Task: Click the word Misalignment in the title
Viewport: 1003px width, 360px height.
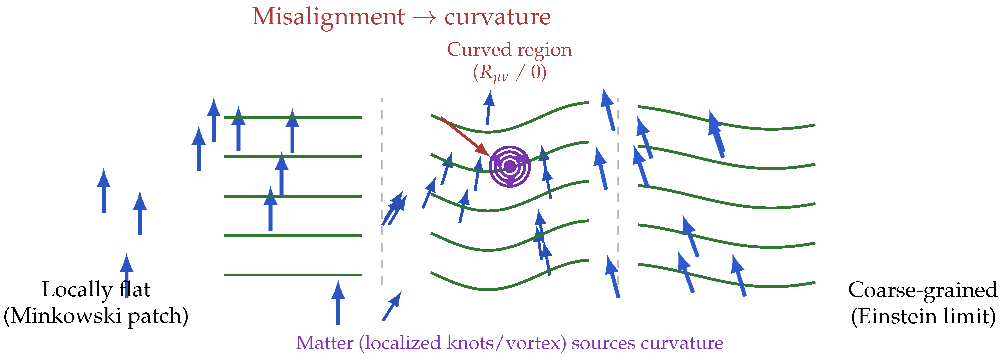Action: (x=328, y=17)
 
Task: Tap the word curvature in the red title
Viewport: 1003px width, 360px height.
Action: (x=497, y=17)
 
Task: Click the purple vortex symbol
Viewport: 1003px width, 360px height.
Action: (x=510, y=167)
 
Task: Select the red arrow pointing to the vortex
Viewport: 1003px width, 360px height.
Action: (x=465, y=136)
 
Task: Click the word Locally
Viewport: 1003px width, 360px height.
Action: (x=77, y=290)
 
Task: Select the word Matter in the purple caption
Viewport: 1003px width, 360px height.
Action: (x=324, y=343)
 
